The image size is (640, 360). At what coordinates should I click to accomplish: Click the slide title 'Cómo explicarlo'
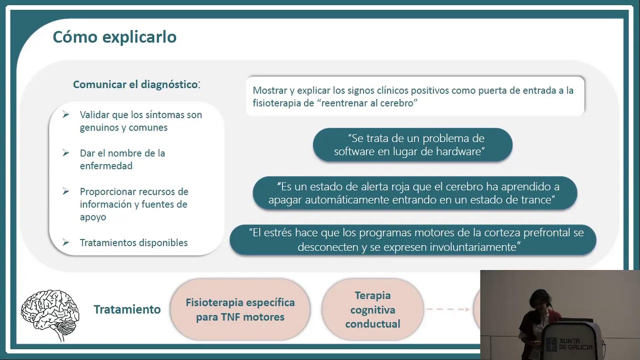[114, 37]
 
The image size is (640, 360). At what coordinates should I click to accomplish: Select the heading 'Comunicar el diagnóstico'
[135, 84]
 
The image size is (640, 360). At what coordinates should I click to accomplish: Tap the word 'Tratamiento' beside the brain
[127, 309]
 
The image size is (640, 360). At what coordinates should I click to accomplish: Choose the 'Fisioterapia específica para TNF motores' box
[240, 309]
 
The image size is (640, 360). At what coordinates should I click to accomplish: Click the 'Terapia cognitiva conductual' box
[372, 309]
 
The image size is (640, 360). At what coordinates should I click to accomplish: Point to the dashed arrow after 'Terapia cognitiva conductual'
[447, 309]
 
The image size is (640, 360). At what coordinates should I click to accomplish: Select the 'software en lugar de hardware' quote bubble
[412, 145]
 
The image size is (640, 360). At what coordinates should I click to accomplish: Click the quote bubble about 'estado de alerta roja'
[414, 193]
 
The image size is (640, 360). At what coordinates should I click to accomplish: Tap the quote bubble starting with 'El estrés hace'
[412, 240]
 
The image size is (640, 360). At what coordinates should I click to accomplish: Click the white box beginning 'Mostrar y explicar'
[414, 96]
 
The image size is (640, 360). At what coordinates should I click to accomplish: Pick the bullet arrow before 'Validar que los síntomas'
[66, 115]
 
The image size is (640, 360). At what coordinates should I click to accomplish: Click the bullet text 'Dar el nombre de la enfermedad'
[122, 159]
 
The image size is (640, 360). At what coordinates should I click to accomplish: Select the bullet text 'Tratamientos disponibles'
[133, 242]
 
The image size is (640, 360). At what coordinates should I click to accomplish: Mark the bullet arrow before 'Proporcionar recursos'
[66, 192]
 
